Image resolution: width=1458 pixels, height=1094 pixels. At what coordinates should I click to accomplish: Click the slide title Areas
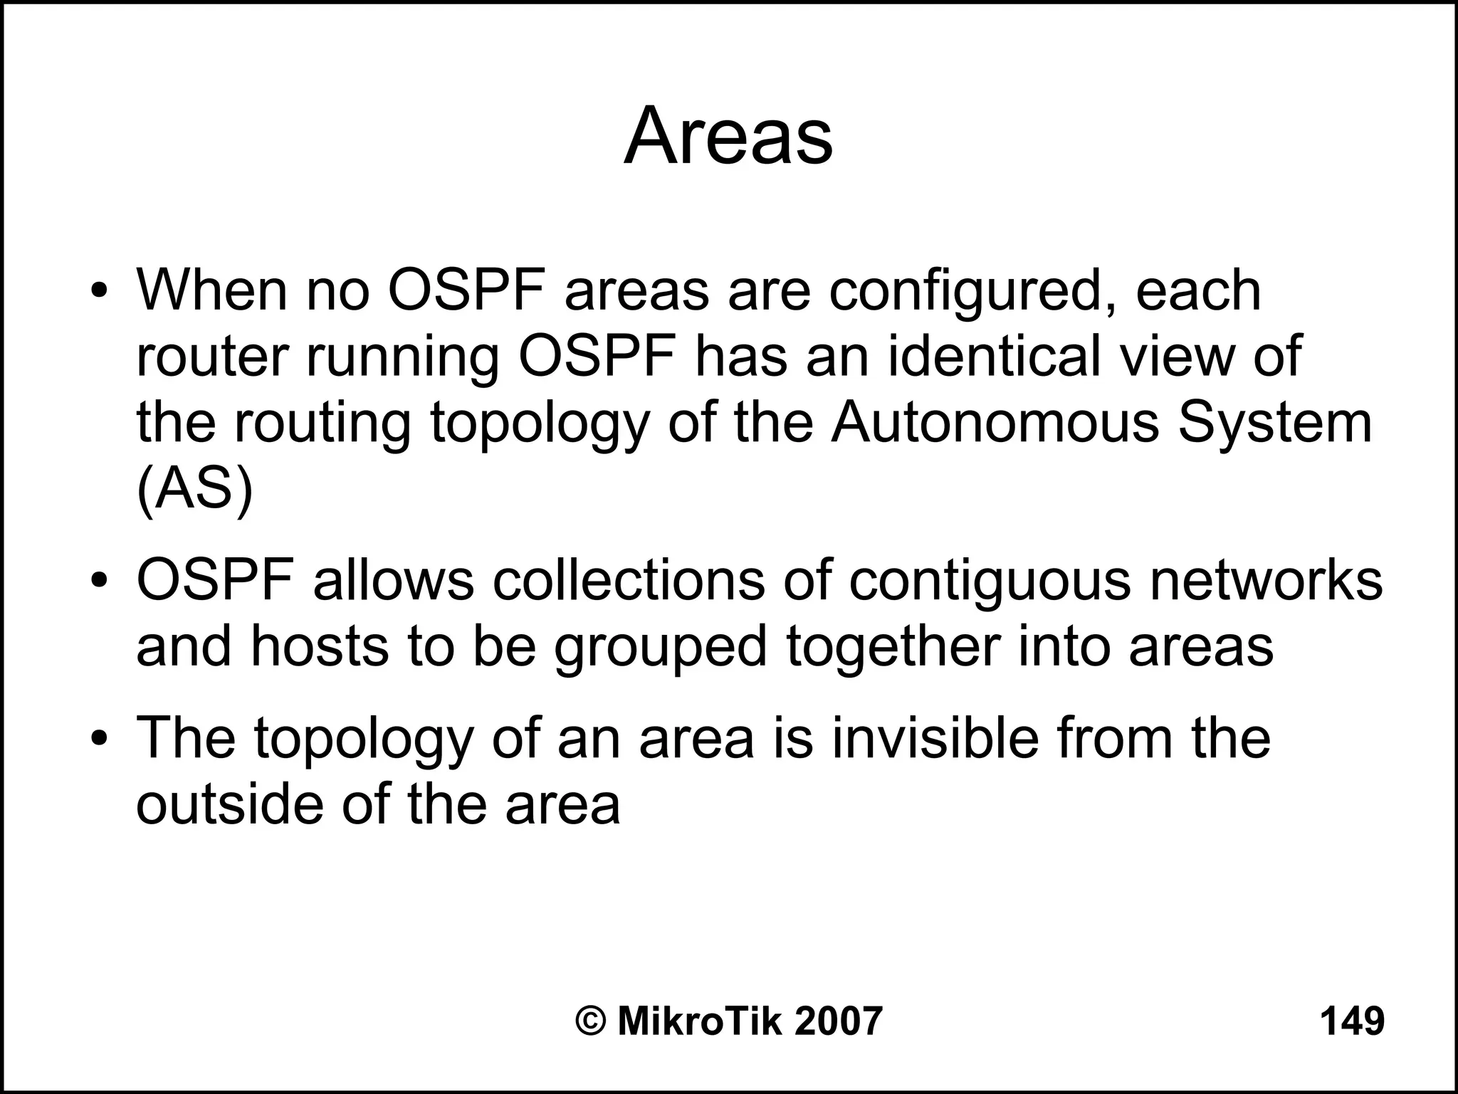728,136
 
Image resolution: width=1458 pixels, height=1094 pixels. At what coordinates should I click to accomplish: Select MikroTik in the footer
699,1021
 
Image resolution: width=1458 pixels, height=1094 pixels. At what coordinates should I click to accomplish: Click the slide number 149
1352,1021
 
